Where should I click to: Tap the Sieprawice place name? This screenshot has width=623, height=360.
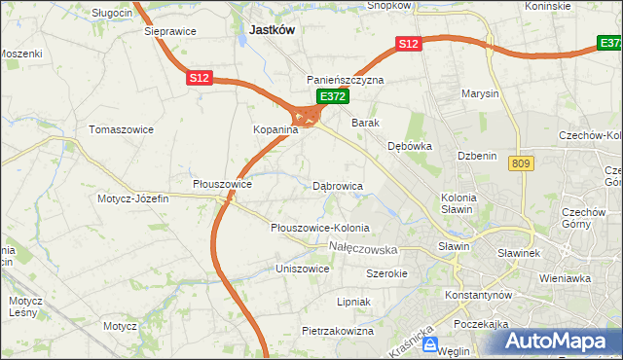click(x=169, y=31)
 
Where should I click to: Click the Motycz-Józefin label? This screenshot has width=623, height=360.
click(x=133, y=198)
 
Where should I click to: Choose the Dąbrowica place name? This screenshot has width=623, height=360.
click(x=338, y=185)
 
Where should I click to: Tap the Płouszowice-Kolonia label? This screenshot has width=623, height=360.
click(x=319, y=228)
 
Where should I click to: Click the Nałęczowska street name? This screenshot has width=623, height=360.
click(x=370, y=249)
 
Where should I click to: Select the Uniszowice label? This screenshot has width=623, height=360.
click(x=303, y=268)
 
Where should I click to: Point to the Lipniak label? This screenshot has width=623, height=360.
click(x=353, y=302)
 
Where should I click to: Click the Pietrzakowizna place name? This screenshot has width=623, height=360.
click(x=338, y=331)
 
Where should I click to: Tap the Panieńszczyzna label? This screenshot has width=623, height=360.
click(x=346, y=80)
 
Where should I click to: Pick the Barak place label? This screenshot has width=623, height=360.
click(x=365, y=124)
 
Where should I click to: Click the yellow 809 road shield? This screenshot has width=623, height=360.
click(x=519, y=164)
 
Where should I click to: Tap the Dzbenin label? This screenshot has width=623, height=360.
click(x=477, y=156)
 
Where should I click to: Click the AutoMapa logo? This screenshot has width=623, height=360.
click(x=556, y=342)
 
